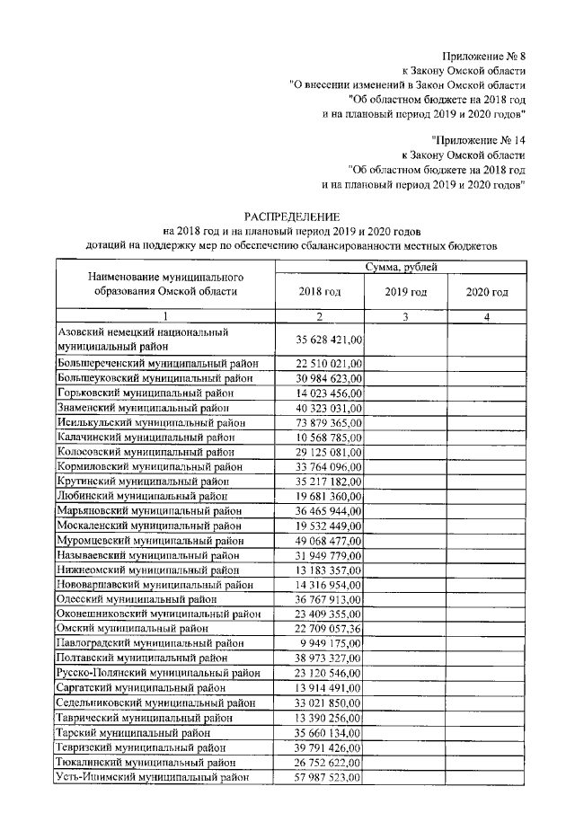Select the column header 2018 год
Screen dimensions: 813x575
coord(319,292)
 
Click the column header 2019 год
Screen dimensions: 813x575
coord(405,292)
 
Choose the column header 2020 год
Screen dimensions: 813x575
coord(487,292)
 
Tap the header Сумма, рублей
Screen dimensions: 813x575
coord(401,268)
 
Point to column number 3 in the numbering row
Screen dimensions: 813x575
coord(405,316)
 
